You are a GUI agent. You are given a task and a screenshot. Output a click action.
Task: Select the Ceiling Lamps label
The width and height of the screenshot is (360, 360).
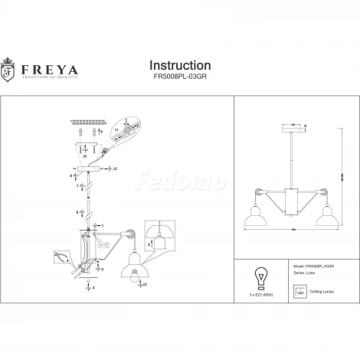coord(317,292)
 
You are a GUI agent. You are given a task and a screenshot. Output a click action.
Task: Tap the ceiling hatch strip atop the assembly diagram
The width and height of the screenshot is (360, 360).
coord(87,123)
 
